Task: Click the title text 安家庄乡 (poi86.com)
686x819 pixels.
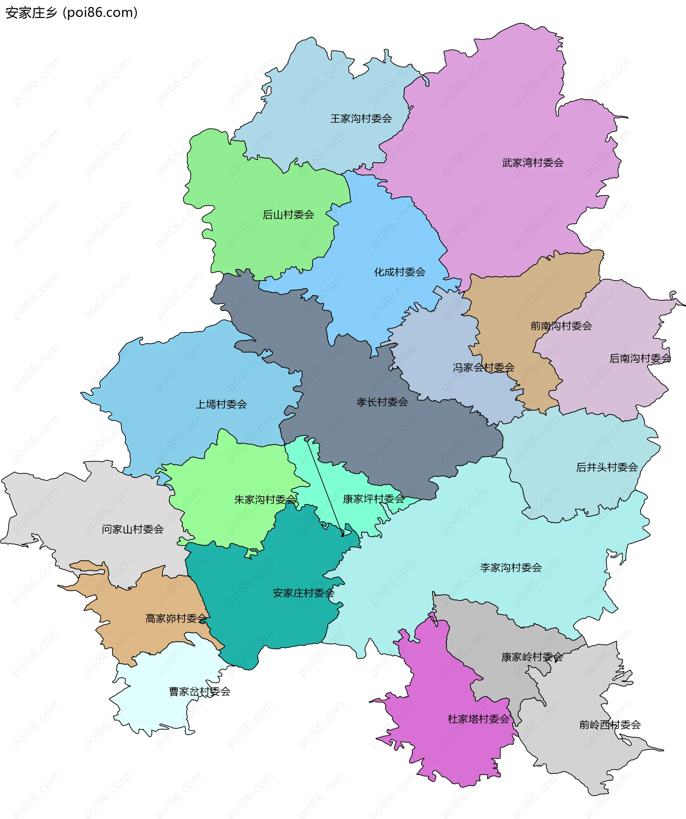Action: click(x=71, y=13)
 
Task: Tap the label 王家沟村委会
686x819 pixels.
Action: click(x=361, y=119)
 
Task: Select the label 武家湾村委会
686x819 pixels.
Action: click(x=533, y=163)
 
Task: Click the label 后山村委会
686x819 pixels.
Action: click(x=288, y=215)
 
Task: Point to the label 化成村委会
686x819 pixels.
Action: click(x=399, y=272)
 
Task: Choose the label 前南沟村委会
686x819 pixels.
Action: click(x=561, y=326)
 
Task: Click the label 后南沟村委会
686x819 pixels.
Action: click(x=640, y=358)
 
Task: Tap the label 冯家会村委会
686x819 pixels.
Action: click(x=483, y=367)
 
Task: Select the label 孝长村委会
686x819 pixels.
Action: click(x=382, y=402)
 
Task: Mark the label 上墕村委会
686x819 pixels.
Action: click(x=221, y=405)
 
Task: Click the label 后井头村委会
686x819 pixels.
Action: click(x=607, y=467)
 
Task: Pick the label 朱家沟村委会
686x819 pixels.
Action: click(x=265, y=499)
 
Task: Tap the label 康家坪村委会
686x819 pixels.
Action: click(x=373, y=499)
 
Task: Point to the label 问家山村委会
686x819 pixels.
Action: click(x=133, y=529)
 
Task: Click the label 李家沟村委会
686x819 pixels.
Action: click(x=511, y=567)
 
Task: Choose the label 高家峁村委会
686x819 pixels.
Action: click(x=177, y=619)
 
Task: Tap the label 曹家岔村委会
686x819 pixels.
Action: click(x=199, y=692)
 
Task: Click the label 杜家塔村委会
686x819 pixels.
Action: click(x=478, y=719)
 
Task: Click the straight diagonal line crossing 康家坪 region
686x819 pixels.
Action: click(x=325, y=487)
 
